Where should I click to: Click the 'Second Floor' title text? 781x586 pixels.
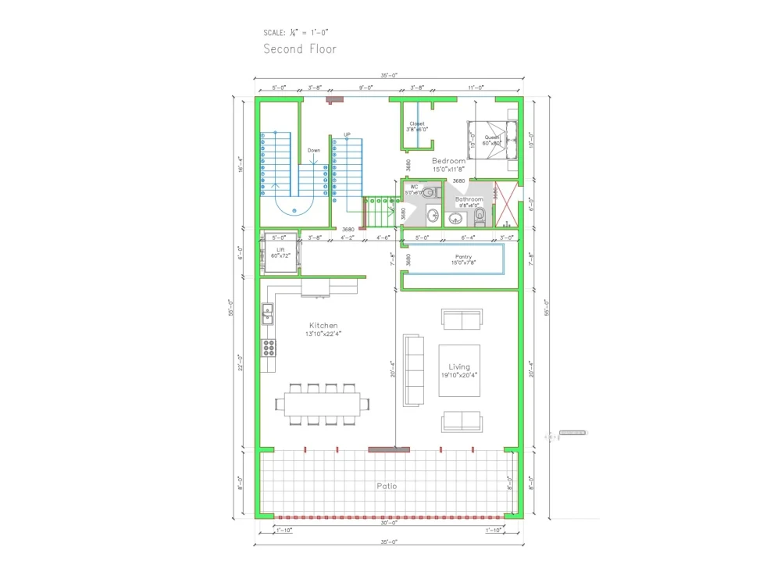(x=300, y=49)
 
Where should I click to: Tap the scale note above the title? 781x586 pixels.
(x=296, y=33)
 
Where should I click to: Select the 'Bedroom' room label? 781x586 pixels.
(x=448, y=161)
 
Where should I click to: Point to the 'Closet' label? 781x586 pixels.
(x=417, y=123)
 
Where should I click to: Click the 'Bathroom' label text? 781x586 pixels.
(x=469, y=199)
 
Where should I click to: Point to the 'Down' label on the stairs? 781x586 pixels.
(x=313, y=150)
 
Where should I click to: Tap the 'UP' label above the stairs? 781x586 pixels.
(x=348, y=134)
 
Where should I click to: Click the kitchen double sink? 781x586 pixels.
(x=267, y=313)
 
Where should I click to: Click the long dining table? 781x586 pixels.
(x=323, y=404)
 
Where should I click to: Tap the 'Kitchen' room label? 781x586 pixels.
(x=323, y=326)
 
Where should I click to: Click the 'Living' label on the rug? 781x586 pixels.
(x=459, y=366)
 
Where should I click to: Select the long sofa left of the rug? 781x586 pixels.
(x=413, y=370)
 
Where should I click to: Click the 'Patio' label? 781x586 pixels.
(x=386, y=486)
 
